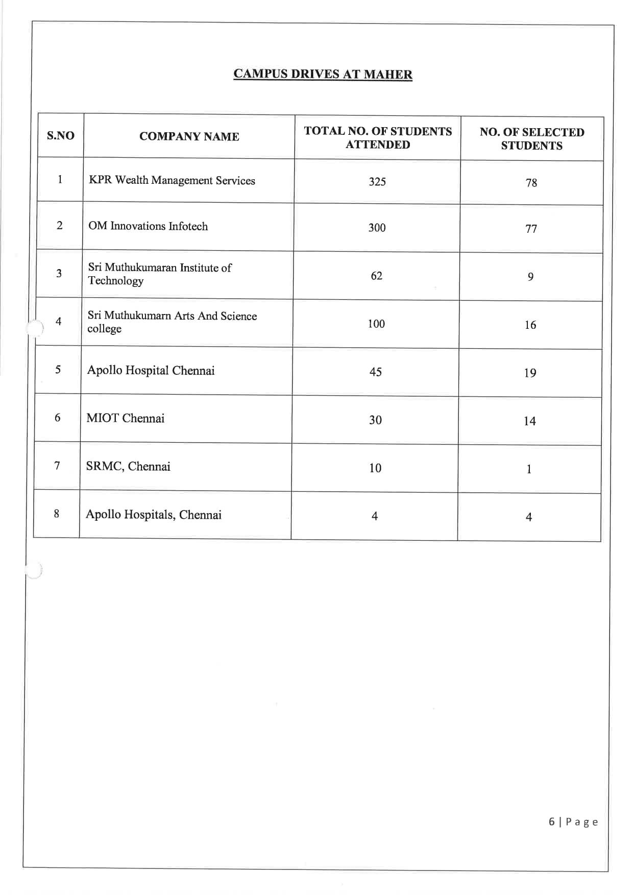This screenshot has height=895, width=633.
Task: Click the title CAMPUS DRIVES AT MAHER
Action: pos(323,74)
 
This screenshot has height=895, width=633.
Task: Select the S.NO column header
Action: pos(60,136)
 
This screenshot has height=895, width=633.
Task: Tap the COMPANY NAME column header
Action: pos(189,136)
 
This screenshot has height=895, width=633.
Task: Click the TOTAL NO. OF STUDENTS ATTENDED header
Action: pos(378,138)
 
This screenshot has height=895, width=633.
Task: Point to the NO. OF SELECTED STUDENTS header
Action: pos(531,139)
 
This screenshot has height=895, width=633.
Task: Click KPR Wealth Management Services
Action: pos(172,180)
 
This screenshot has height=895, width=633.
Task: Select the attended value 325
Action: pos(377,182)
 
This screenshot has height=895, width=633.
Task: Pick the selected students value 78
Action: pos(531,183)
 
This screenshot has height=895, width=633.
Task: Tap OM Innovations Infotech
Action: pos(148,226)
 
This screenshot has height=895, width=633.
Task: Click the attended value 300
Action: pos(377,228)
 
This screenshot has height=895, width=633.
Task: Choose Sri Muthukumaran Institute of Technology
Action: pos(159,274)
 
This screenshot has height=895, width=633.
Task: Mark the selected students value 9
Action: pos(530,277)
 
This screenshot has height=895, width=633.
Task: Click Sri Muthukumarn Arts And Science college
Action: pos(172,322)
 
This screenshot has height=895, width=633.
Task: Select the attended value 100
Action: pos(376,324)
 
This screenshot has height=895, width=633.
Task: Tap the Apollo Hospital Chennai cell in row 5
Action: pos(151,371)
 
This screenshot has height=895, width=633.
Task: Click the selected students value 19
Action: pos(530,373)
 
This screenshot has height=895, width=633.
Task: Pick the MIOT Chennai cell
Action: pos(125,419)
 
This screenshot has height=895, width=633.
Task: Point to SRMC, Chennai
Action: pos(128,467)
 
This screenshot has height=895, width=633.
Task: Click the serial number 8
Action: pos(56,514)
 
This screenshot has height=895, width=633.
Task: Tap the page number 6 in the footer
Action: pos(551,821)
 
